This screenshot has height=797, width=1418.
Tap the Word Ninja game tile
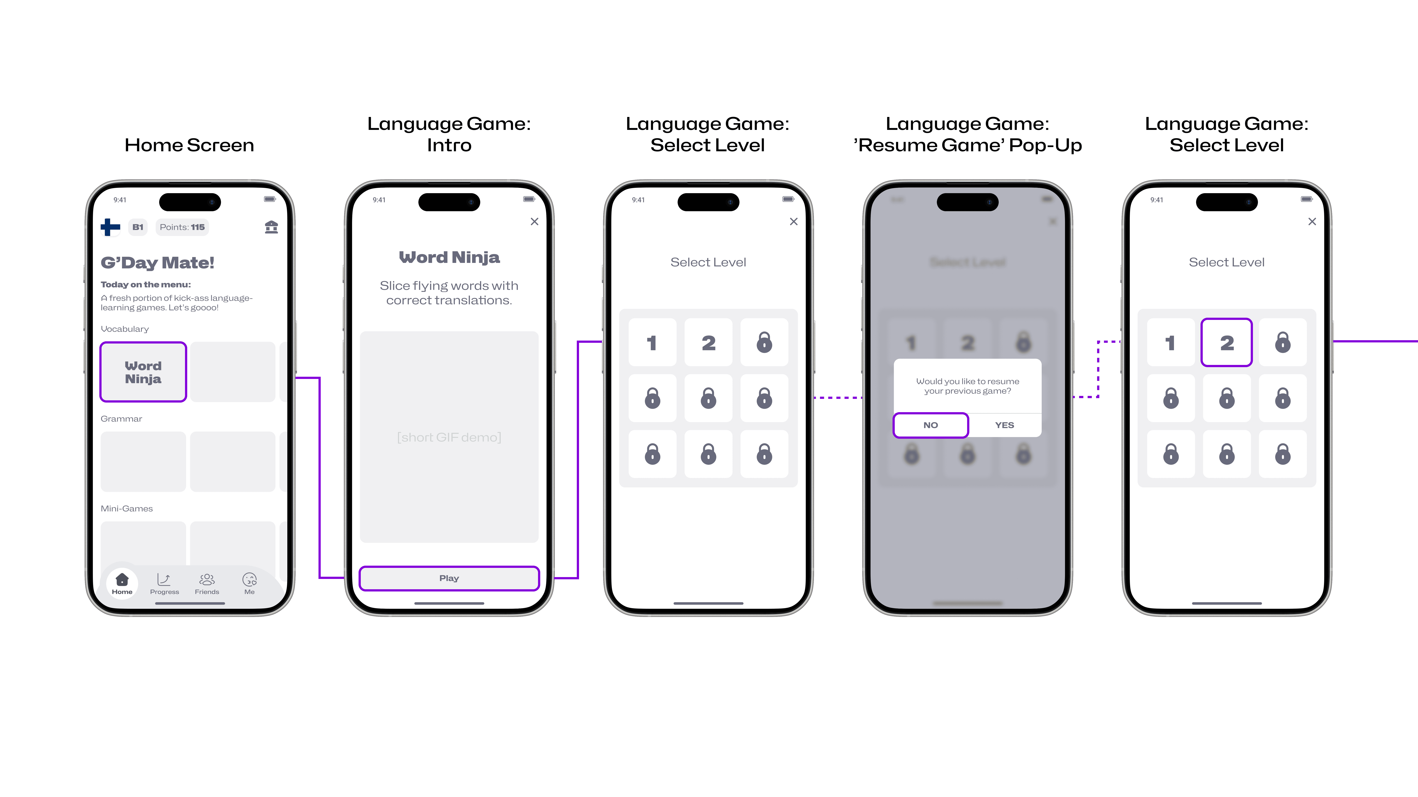point(143,372)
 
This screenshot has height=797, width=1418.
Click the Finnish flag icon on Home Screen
point(110,227)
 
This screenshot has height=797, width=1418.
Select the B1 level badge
point(138,227)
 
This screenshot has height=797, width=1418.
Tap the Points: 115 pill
point(182,227)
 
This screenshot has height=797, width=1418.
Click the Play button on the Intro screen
point(449,578)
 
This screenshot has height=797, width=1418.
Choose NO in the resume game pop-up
point(930,425)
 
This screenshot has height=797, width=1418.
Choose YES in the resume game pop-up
point(1005,425)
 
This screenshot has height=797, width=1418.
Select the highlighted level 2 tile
point(1226,343)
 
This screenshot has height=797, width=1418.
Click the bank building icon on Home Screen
point(271,227)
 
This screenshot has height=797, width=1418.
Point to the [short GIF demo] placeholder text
point(449,437)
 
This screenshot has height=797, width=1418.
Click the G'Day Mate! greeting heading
point(157,263)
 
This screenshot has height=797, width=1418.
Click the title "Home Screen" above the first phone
point(189,145)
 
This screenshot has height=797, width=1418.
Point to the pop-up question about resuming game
point(967,386)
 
